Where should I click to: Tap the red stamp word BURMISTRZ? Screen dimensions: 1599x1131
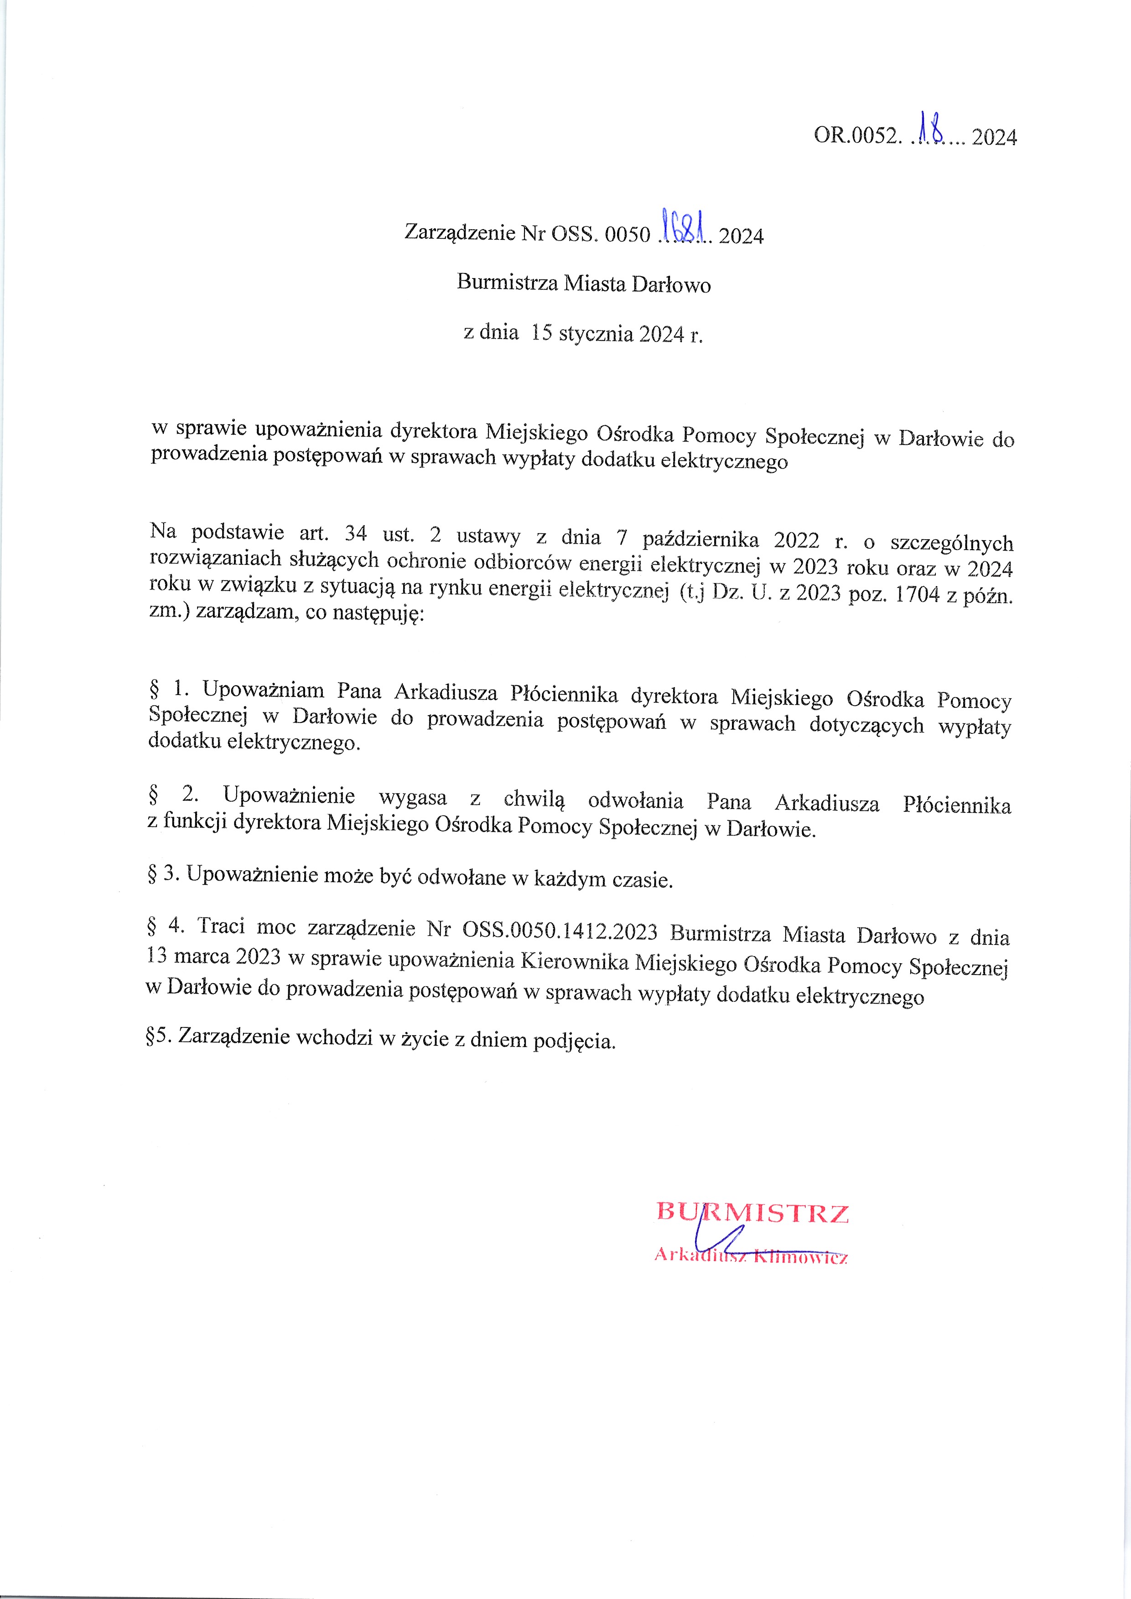(752, 1212)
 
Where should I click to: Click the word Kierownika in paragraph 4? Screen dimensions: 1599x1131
(575, 962)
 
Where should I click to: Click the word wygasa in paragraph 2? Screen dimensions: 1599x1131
(413, 798)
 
